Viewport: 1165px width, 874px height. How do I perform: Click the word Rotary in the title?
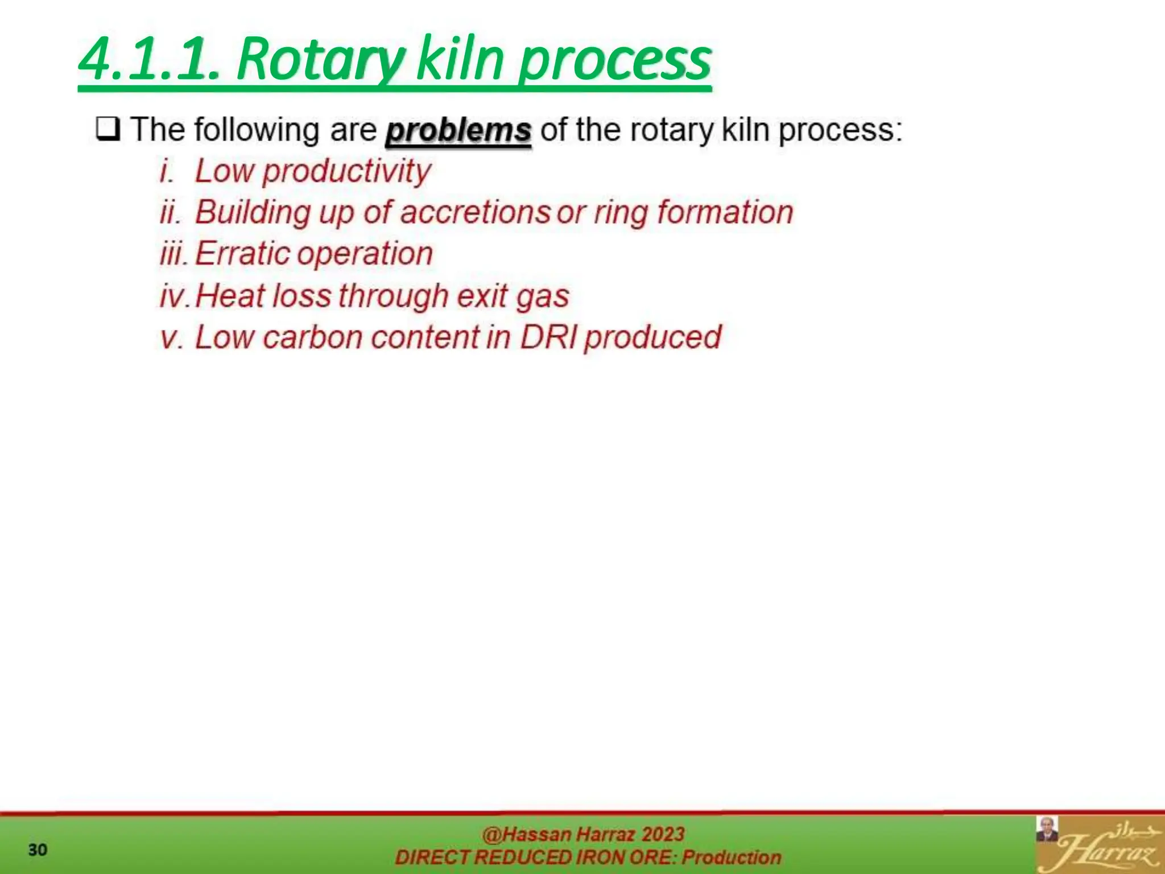[320, 59]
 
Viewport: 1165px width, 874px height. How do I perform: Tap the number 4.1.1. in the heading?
[149, 59]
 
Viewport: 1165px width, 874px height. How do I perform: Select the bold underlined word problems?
[458, 130]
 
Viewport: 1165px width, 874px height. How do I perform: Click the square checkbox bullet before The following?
[108, 129]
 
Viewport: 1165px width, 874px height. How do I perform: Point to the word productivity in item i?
[346, 171]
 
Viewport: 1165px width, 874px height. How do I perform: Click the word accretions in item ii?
[475, 212]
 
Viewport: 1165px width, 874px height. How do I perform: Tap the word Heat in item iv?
[230, 296]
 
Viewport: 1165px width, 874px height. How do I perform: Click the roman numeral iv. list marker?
[175, 296]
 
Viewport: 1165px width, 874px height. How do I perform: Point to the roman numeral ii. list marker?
[171, 213]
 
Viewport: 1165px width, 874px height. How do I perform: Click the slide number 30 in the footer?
[38, 850]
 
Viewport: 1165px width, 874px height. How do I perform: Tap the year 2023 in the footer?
[662, 834]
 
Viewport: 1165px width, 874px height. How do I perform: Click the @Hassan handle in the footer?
[526, 834]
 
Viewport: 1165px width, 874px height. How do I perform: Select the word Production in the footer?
[732, 857]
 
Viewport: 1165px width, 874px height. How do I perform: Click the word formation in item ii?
[725, 212]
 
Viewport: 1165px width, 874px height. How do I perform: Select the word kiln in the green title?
[460, 59]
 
